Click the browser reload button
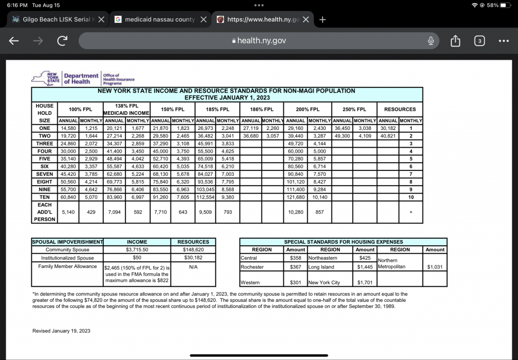click(62, 41)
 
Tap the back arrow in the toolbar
click(14, 41)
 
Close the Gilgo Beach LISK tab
click(101, 20)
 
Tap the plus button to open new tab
click(323, 20)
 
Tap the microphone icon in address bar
click(430, 40)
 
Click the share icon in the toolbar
click(455, 41)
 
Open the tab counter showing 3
click(479, 41)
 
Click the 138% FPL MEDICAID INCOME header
click(126, 109)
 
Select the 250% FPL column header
click(354, 109)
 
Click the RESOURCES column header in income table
click(400, 109)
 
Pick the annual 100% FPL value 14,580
click(67, 128)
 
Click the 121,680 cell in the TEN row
click(295, 197)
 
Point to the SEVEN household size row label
click(45, 174)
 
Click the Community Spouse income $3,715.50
click(137, 250)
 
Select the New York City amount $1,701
click(365, 283)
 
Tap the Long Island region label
click(321, 266)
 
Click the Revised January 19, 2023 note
click(61, 331)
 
